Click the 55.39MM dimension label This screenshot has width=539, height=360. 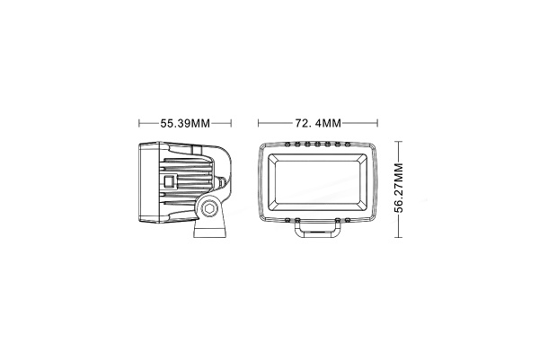[x=184, y=122]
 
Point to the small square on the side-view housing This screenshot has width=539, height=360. [x=169, y=181]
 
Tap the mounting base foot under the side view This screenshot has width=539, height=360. [x=208, y=233]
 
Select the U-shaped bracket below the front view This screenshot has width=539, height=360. [x=318, y=232]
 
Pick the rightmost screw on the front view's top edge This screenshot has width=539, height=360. [x=348, y=144]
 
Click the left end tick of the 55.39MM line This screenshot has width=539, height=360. [x=139, y=122]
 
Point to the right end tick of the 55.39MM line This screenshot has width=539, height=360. [x=233, y=122]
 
